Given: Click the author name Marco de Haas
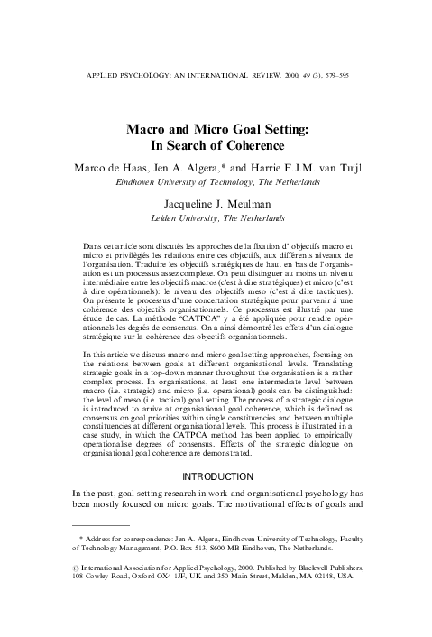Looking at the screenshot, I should [x=108, y=168].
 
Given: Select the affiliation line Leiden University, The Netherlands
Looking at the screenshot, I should [x=216, y=217].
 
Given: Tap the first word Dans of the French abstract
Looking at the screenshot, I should [x=91, y=245].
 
